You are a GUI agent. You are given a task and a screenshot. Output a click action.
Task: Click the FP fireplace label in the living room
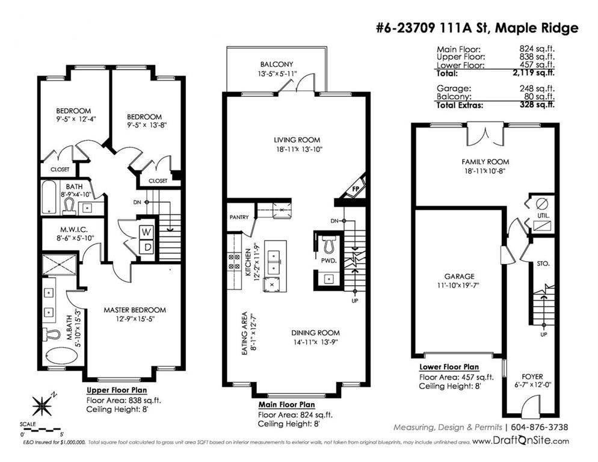pyautogui.click(x=356, y=189)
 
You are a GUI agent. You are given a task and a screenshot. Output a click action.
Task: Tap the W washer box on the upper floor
pyautogui.click(x=147, y=232)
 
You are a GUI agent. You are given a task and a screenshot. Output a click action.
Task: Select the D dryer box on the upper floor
pyautogui.click(x=147, y=247)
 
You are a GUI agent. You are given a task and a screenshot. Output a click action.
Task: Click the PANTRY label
pyautogui.click(x=239, y=217)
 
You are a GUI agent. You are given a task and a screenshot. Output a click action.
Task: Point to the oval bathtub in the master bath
pyautogui.click(x=61, y=356)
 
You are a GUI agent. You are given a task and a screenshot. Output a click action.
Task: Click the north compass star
pyautogui.click(x=42, y=405)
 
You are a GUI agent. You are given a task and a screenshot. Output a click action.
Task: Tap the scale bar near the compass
pyautogui.click(x=41, y=429)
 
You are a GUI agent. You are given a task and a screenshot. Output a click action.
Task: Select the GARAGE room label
pyautogui.click(x=459, y=276)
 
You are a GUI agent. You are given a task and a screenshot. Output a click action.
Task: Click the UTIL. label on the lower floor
pyautogui.click(x=543, y=215)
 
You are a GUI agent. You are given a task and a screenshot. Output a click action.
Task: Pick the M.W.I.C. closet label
pyautogui.click(x=74, y=230)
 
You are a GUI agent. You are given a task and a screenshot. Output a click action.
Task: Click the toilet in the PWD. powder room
pyautogui.click(x=328, y=244)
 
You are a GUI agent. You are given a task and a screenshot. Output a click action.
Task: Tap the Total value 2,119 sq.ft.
pyautogui.click(x=537, y=72)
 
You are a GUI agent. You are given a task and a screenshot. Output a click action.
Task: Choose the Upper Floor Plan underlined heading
pyautogui.click(x=117, y=390)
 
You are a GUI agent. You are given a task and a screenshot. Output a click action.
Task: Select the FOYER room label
pyautogui.click(x=532, y=377)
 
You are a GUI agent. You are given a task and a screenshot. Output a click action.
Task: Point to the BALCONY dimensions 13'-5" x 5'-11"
pyautogui.click(x=277, y=73)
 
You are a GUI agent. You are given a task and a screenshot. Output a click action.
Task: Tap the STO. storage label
pyautogui.click(x=543, y=263)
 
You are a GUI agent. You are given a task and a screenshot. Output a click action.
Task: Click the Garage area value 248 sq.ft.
pyautogui.click(x=537, y=88)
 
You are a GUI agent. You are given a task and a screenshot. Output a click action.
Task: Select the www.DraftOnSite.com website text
pyautogui.click(x=520, y=440)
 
